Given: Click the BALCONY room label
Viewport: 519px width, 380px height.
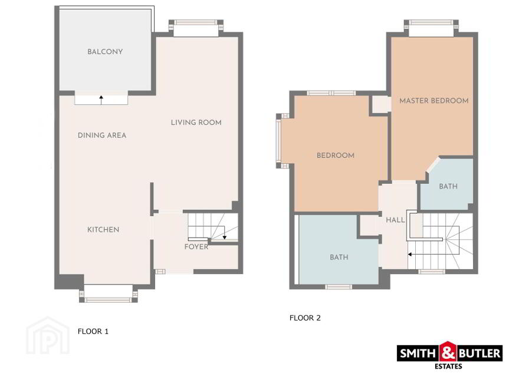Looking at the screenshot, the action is pos(105,52).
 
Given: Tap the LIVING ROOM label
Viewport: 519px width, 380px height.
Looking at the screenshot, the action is pos(196,123).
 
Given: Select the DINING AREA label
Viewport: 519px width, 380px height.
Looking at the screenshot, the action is pos(102,136).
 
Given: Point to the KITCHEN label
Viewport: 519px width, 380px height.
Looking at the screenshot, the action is pos(103,230).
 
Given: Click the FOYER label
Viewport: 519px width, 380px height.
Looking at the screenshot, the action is pos(196,247).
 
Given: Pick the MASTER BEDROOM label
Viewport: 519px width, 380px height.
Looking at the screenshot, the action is pos(434,101).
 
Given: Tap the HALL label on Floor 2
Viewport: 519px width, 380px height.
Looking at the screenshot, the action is pos(395,220).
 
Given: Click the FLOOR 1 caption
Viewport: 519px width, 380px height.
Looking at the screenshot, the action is pos(93,331).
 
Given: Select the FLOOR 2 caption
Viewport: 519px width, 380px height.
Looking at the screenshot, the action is pos(305,318).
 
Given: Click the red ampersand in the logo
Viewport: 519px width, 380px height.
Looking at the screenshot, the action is pos(448,352).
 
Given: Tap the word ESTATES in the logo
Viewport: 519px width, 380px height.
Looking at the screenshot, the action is pos(448,366).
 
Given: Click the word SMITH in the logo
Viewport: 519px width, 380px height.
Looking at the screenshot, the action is pos(418,353).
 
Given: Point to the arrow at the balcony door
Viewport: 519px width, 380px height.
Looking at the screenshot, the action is pos(101,100).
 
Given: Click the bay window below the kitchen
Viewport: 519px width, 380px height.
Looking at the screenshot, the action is pos(109,293).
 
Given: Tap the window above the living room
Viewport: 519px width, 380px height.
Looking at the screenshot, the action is pos(196,28).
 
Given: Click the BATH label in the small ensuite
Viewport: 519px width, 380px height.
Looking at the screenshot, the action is pos(448,186).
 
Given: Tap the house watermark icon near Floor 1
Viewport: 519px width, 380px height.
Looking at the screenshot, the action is pos(48,335).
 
